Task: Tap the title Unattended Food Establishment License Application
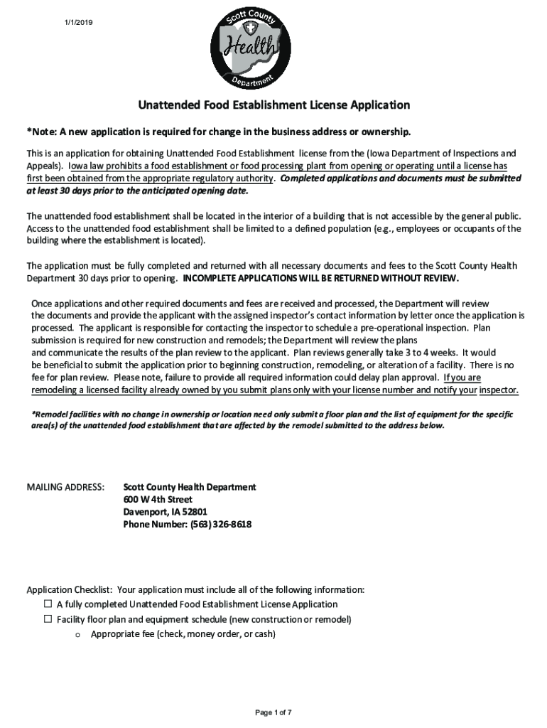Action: pos(273,105)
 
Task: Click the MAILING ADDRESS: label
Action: pos(65,487)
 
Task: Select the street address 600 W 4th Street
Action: pos(158,499)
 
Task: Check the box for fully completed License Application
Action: pos(48,604)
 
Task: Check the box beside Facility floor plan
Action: pos(48,619)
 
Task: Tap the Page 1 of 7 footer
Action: pos(273,712)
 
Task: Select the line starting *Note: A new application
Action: pos(219,132)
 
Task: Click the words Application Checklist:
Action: pos(70,589)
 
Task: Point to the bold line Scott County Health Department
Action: pos(190,487)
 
